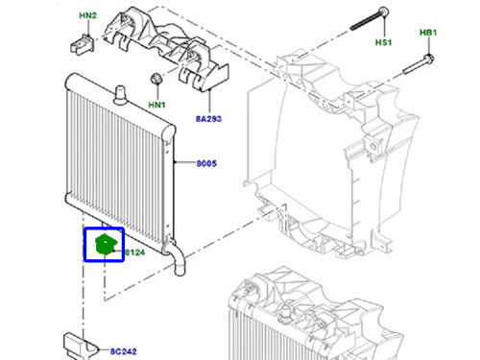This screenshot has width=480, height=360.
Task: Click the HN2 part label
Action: pyautogui.click(x=88, y=16)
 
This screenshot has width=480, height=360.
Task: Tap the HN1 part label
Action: pyautogui.click(x=156, y=104)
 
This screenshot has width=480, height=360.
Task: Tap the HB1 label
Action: pyautogui.click(x=428, y=33)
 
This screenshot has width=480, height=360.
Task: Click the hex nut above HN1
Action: pyautogui.click(x=155, y=78)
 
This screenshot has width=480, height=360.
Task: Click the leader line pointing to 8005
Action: pyautogui.click(x=184, y=164)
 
